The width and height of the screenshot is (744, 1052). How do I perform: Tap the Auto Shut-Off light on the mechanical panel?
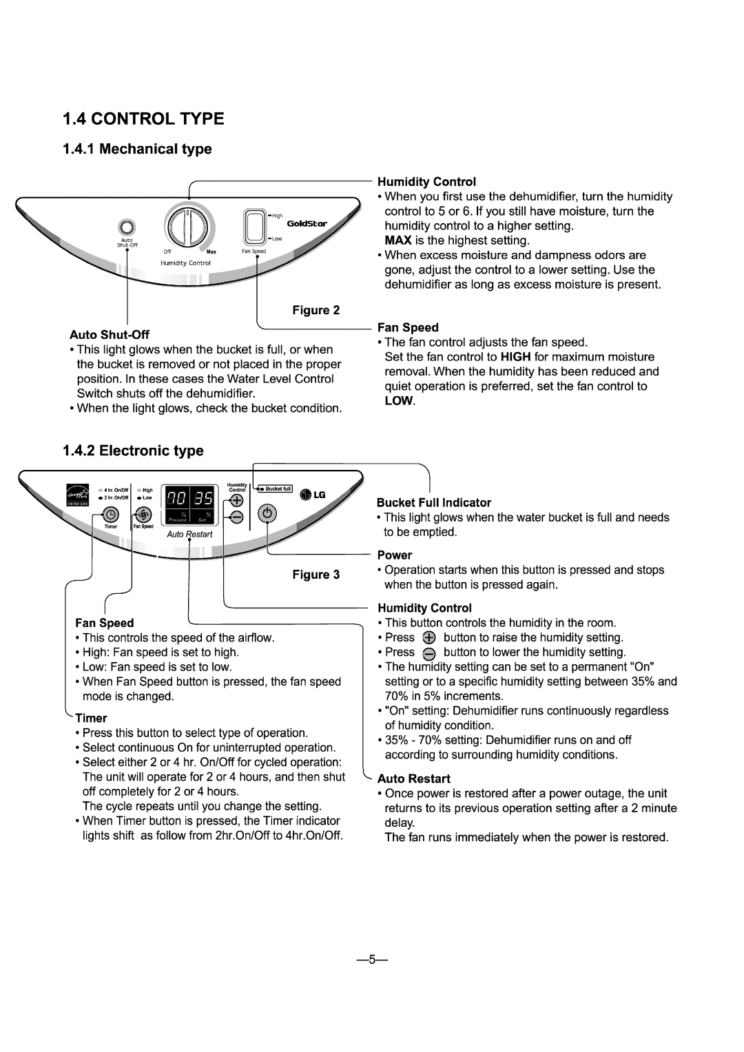coord(126,227)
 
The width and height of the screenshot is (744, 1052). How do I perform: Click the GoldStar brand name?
coord(307,223)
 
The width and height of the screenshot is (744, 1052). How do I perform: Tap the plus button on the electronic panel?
coord(236,500)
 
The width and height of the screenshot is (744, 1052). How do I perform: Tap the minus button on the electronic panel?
coord(236,516)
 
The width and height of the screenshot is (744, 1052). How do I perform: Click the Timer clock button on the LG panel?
coord(110,514)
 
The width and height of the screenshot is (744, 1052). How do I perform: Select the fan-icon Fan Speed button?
coord(143,514)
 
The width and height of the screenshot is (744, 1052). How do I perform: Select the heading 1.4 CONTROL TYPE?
coord(143,119)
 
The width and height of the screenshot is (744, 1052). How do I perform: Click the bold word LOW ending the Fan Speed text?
coord(399,401)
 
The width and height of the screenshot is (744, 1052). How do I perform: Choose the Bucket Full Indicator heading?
coord(433,503)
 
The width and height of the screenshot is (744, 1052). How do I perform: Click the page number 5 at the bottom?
coord(371,960)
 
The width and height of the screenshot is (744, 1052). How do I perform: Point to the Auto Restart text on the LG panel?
coord(190,534)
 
